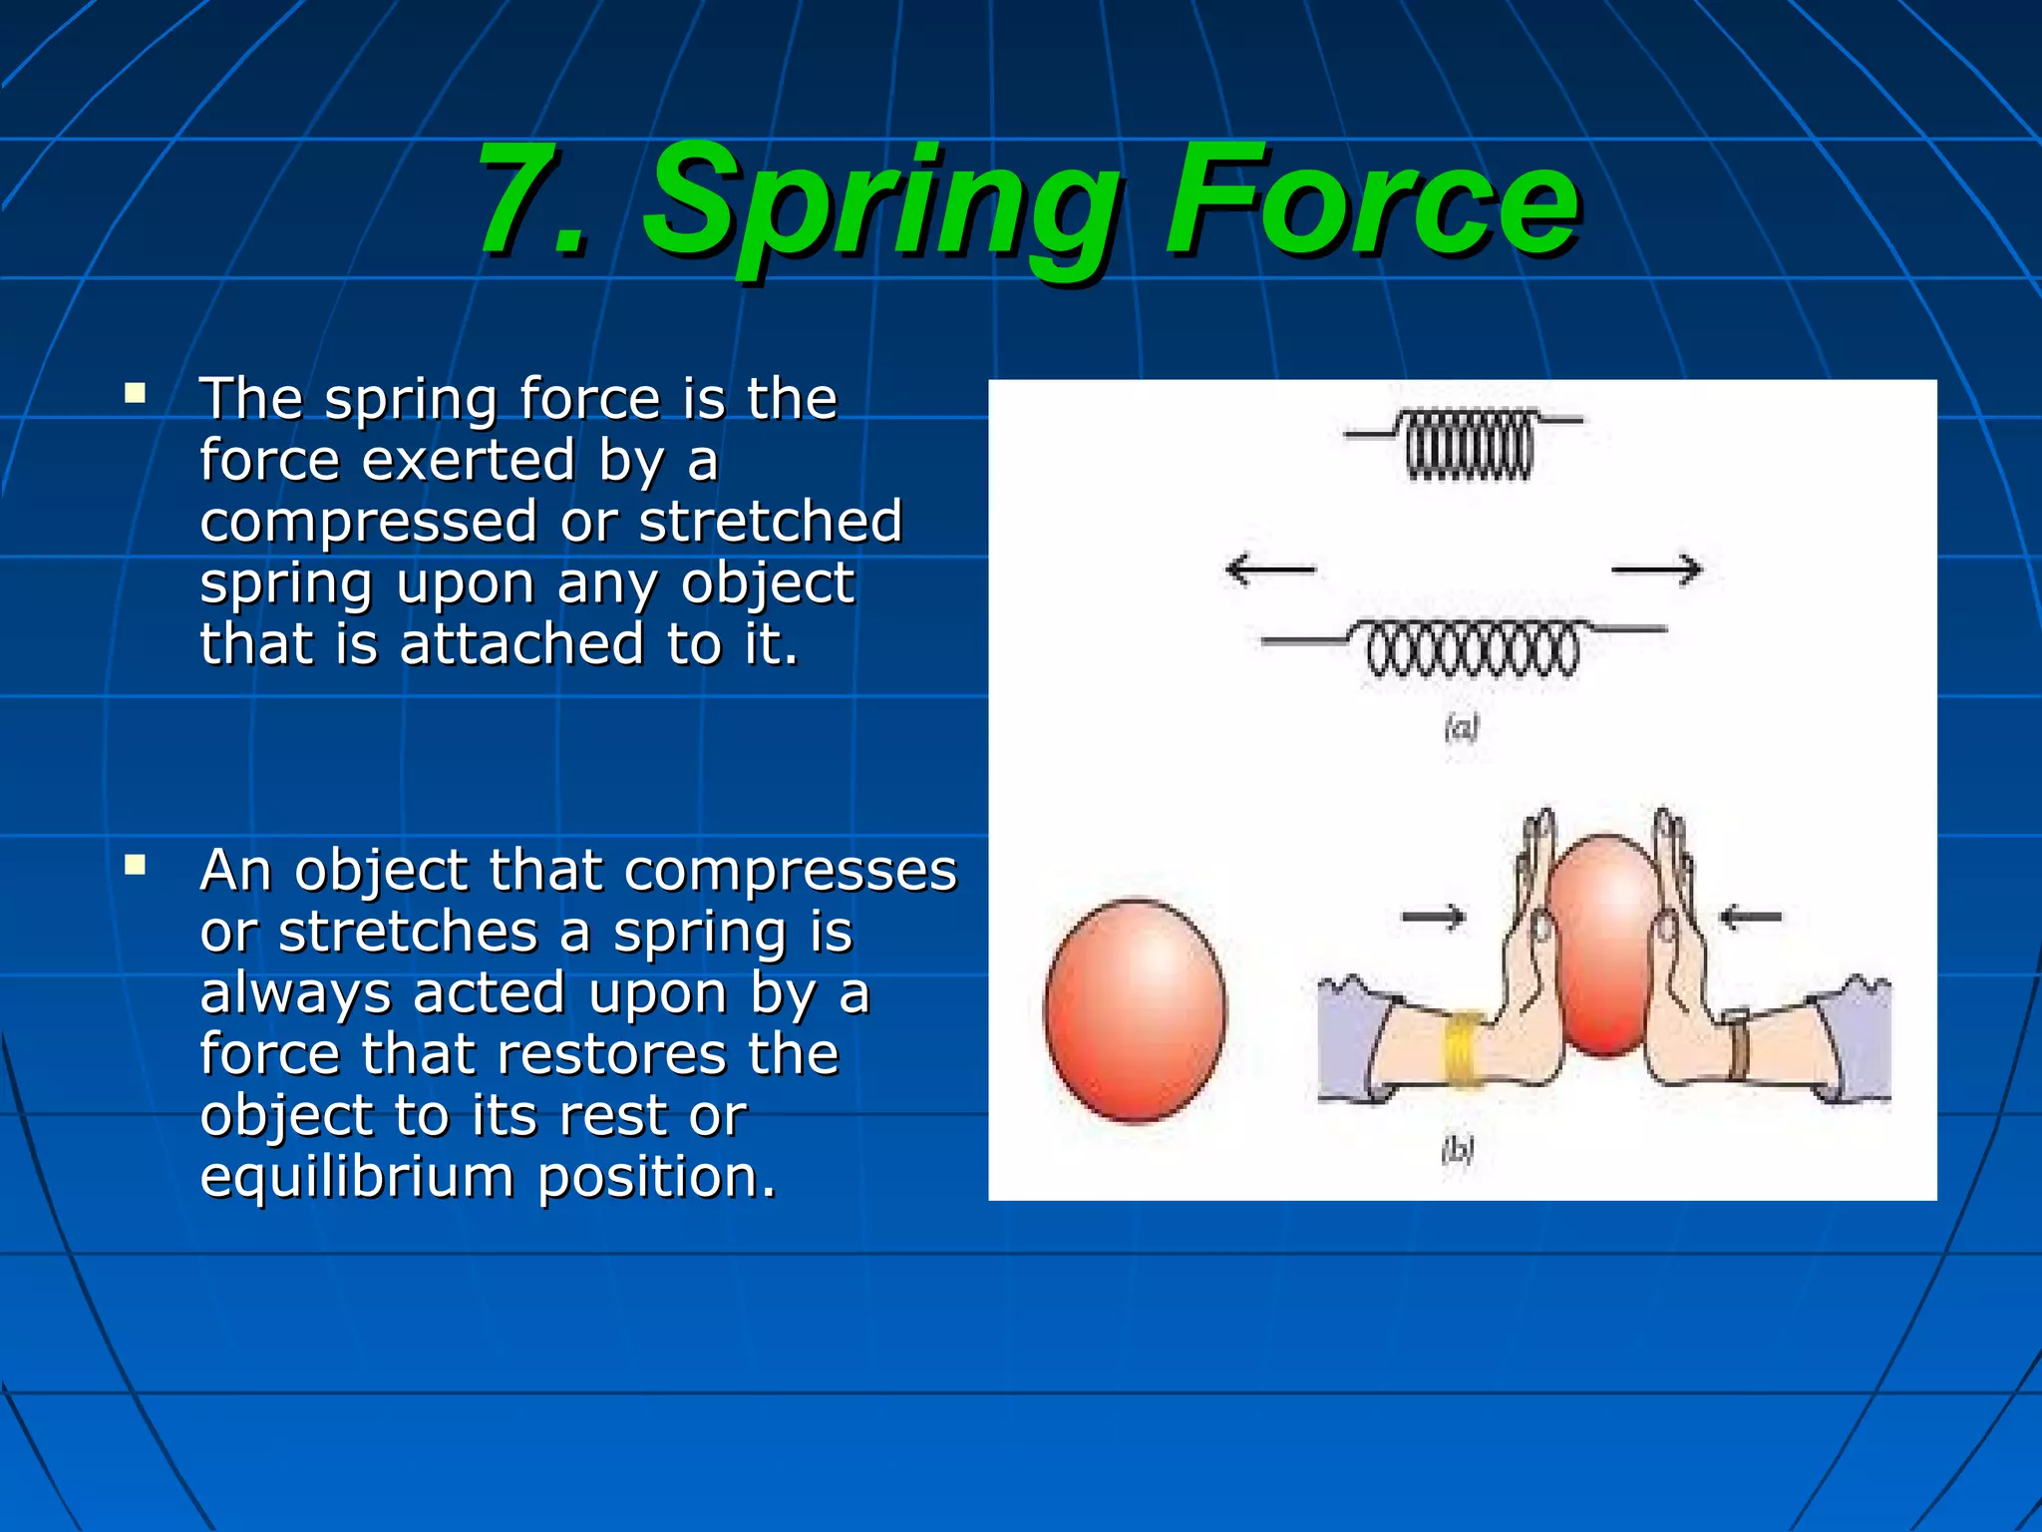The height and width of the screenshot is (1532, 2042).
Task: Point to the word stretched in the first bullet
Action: [x=770, y=521]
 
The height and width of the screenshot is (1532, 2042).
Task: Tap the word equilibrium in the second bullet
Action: [x=357, y=1177]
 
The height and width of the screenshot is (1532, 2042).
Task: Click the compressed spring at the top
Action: [x=1468, y=444]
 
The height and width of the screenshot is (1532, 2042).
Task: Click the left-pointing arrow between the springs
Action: [x=1269, y=570]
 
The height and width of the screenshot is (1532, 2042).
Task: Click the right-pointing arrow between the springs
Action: [x=1657, y=570]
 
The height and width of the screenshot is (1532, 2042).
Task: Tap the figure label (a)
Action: [x=1461, y=729]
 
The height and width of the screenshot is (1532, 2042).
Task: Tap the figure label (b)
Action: [x=1457, y=1150]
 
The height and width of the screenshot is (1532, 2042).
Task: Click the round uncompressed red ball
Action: [x=1136, y=1009]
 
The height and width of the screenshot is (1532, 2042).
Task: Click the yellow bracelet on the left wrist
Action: [x=1463, y=1048]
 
